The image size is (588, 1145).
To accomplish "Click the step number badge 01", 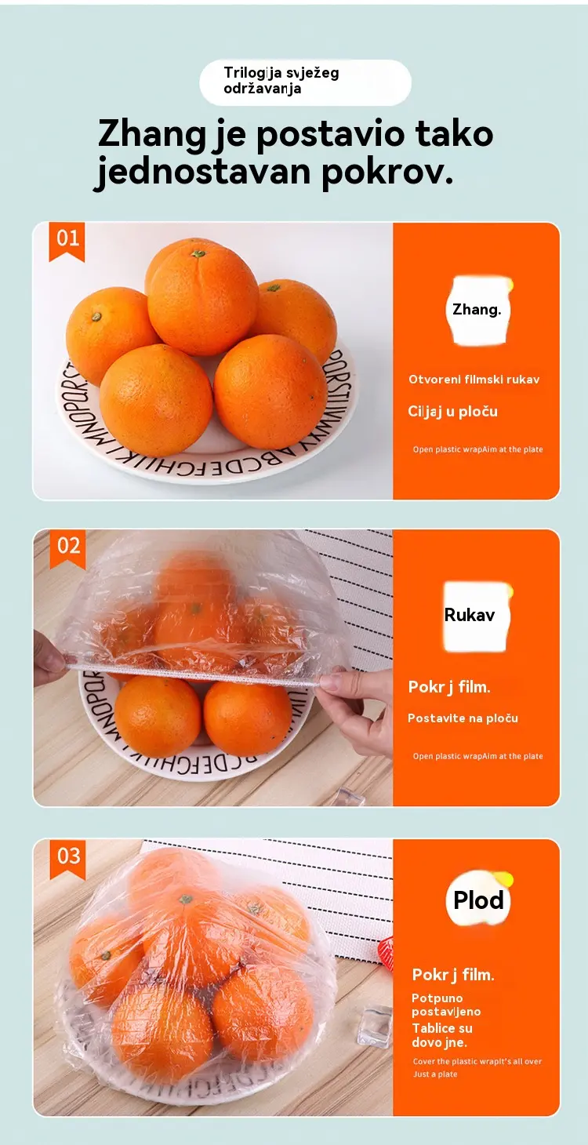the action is click(x=67, y=242).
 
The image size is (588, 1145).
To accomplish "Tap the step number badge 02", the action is click(x=67, y=549).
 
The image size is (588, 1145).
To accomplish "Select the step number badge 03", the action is click(x=67, y=858).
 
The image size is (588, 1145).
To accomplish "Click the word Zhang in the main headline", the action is click(x=152, y=135).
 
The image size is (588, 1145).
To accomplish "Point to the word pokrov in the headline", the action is click(x=387, y=173).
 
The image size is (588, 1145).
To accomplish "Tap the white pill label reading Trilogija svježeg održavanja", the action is click(x=305, y=82).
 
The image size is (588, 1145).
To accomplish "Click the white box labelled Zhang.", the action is click(x=477, y=311).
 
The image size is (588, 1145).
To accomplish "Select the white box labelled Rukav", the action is click(x=477, y=616).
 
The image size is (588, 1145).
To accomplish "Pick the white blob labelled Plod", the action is click(x=479, y=900).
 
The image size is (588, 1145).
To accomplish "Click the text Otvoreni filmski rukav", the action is click(x=474, y=380).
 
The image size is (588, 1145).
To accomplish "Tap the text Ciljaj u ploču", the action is click(x=452, y=412).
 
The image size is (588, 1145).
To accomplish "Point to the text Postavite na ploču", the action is click(x=463, y=718).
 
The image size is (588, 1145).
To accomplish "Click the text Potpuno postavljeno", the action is click(x=446, y=1005).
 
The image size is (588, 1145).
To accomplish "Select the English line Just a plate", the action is click(x=435, y=1074).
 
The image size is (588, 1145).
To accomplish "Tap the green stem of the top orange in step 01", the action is click(x=198, y=253).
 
